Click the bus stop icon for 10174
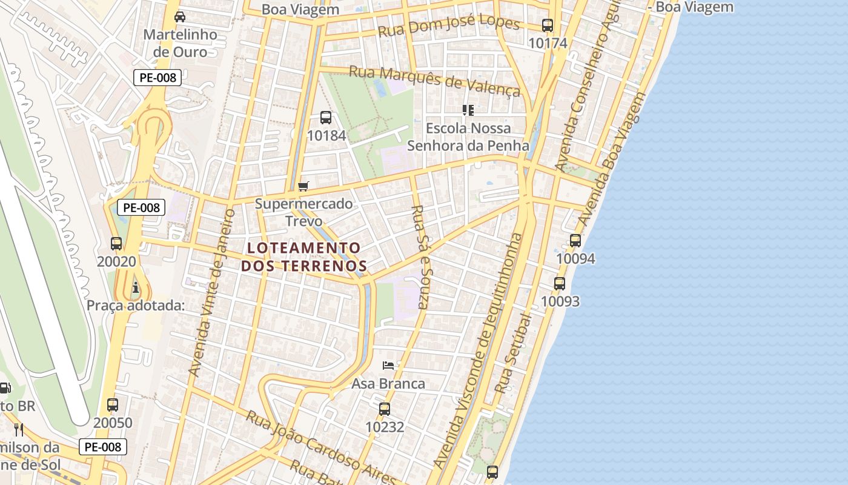[548, 25]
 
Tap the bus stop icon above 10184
[326, 118]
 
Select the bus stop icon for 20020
[116, 244]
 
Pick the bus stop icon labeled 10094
[575, 241]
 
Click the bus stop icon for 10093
[560, 283]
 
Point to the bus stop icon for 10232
[385, 409]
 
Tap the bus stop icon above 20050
[113, 405]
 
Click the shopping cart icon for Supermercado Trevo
[303, 186]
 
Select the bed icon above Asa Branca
[388, 365]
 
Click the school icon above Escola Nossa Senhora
[468, 110]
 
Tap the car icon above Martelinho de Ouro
[180, 16]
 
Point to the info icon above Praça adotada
[136, 287]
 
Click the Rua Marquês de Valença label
[435, 81]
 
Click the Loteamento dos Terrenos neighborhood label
[304, 256]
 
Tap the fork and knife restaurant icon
[19, 430]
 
